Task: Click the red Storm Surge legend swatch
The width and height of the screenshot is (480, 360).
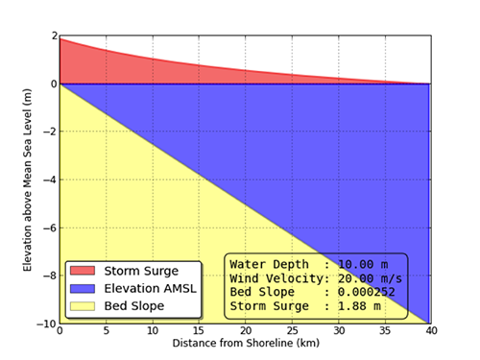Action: pos(84,271)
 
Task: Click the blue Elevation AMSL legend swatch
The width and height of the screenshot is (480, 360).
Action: pos(84,288)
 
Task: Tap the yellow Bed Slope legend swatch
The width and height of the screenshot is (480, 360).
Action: pos(84,305)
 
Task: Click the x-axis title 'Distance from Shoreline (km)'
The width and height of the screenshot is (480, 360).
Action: pos(245,344)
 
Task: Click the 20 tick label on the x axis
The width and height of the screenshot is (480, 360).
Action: pos(245,331)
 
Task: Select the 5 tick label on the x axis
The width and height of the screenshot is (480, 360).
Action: pos(106,331)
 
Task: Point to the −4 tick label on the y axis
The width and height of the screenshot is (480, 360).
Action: pos(46,180)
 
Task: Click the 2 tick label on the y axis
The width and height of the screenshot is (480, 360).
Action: pos(50,36)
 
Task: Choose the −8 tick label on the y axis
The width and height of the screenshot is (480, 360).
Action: pos(46,276)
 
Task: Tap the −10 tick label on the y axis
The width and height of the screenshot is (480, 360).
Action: pos(43,324)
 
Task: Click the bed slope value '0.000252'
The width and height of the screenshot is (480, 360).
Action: pos(360,292)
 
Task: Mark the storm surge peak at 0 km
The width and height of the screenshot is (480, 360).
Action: pos(60,38)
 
